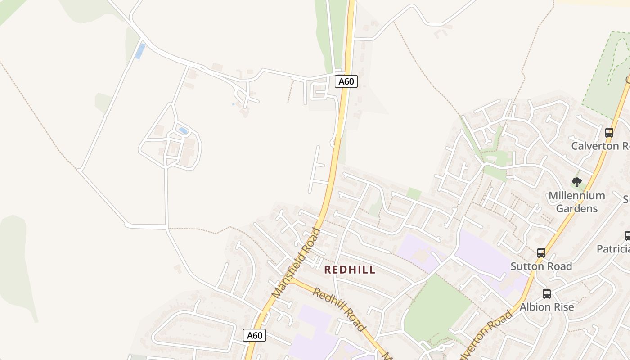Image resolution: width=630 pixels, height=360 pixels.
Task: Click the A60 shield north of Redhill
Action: tap(346, 81)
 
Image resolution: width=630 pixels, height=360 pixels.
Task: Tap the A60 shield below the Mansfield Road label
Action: tap(254, 335)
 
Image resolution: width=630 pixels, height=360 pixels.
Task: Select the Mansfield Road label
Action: tap(297, 263)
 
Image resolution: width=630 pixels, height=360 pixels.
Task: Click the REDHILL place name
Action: tap(350, 270)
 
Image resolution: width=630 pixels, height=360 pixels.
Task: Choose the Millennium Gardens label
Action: tap(576, 202)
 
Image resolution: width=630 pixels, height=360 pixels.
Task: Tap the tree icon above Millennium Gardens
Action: tap(576, 182)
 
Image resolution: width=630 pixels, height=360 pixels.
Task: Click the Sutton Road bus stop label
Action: tap(541, 266)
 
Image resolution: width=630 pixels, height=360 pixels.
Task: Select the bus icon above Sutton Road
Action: tap(541, 253)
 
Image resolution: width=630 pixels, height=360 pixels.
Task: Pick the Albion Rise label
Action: tap(546, 307)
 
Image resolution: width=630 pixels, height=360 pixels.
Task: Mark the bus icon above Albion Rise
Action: tap(546, 294)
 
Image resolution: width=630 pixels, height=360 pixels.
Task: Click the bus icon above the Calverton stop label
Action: tap(609, 133)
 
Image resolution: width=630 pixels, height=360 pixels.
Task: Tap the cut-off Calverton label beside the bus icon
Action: tap(600, 146)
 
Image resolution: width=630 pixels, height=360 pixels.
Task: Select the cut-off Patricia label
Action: tap(613, 249)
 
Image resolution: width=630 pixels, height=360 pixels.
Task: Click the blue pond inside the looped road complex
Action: tap(183, 131)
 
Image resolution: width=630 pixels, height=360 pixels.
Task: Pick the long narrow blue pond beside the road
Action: tap(140, 51)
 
